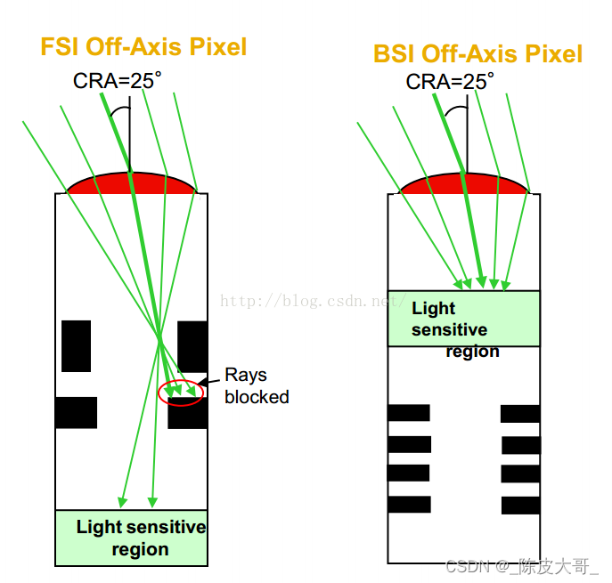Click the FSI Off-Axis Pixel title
(x=143, y=46)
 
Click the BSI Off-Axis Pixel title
(x=477, y=53)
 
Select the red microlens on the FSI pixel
(x=132, y=183)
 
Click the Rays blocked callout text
(x=257, y=385)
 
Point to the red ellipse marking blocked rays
(x=180, y=393)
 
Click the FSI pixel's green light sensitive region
(x=132, y=538)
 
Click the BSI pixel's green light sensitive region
(x=463, y=318)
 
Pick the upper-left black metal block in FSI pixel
(x=76, y=344)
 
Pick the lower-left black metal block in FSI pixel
(x=76, y=412)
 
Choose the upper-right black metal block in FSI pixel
(x=192, y=344)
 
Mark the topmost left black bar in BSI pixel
(x=409, y=412)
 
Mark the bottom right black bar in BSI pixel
(x=520, y=505)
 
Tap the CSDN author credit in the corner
(x=522, y=565)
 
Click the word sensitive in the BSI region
(x=449, y=330)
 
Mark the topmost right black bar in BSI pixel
(x=520, y=413)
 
